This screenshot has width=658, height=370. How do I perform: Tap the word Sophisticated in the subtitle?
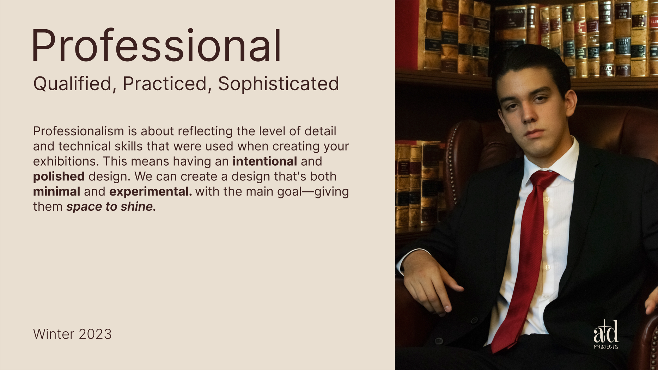pos(279,84)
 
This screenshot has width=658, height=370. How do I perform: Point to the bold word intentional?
pos(265,161)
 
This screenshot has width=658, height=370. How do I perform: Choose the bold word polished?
pos(59,177)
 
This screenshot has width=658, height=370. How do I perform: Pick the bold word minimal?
pos(57,192)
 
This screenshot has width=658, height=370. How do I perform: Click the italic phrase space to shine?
pos(111,207)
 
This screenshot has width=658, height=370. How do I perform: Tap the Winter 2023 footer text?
pos(72,334)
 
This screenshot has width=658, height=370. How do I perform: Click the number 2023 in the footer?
pos(95,334)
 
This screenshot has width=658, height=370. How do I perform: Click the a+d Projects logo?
pos(606,334)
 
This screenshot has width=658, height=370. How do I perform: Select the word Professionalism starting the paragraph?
pos(79,131)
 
